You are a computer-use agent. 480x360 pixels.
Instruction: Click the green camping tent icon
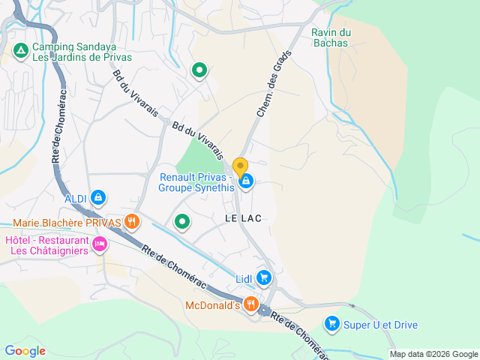(x=21, y=51)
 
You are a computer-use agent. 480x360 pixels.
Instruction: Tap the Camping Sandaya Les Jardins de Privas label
(x=81, y=51)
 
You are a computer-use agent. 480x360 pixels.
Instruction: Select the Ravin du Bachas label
(x=331, y=37)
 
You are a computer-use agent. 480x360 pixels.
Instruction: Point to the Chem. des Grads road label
(x=273, y=88)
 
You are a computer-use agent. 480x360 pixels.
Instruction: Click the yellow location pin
(x=240, y=166)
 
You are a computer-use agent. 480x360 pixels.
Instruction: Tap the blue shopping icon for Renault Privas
(x=245, y=181)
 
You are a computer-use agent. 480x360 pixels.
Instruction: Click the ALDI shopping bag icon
(x=97, y=198)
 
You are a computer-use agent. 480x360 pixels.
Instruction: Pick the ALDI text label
(x=76, y=198)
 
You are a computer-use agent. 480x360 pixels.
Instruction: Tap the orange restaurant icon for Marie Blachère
(x=132, y=220)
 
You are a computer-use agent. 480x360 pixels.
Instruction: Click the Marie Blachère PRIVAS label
(x=67, y=223)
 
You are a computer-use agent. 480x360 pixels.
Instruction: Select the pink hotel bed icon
(x=99, y=244)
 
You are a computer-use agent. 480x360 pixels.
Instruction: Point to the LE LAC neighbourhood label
(x=243, y=218)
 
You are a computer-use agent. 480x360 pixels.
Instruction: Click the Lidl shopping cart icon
(x=263, y=278)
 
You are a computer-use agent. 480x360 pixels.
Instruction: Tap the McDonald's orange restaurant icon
(x=250, y=304)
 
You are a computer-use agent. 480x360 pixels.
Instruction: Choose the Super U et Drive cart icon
(x=331, y=324)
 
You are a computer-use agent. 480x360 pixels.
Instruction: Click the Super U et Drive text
(x=380, y=325)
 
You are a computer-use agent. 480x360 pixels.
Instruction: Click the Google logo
(x=25, y=350)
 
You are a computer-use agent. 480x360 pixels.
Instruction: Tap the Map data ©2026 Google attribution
(x=433, y=354)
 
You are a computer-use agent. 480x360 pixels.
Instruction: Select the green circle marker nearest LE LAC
(x=182, y=221)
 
